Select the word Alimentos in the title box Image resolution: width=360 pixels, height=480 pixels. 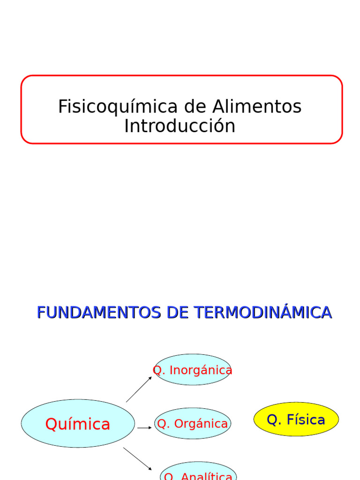click(257, 107)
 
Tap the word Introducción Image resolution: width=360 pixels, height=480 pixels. click(180, 126)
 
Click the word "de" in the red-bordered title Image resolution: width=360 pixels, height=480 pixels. click(191, 107)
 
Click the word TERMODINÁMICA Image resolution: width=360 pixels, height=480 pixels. click(263, 312)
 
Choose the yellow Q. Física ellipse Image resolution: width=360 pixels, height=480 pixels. click(296, 419)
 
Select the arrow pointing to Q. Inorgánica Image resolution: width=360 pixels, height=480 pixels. click(139, 389)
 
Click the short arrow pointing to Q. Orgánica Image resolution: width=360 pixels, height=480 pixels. click(144, 427)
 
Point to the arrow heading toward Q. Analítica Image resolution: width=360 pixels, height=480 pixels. click(138, 458)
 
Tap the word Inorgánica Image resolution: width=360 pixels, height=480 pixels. click(201, 370)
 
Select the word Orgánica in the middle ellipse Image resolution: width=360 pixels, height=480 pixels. click(200, 424)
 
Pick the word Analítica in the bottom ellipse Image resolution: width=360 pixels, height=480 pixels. click(206, 476)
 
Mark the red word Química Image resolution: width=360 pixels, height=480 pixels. click(78, 424)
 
